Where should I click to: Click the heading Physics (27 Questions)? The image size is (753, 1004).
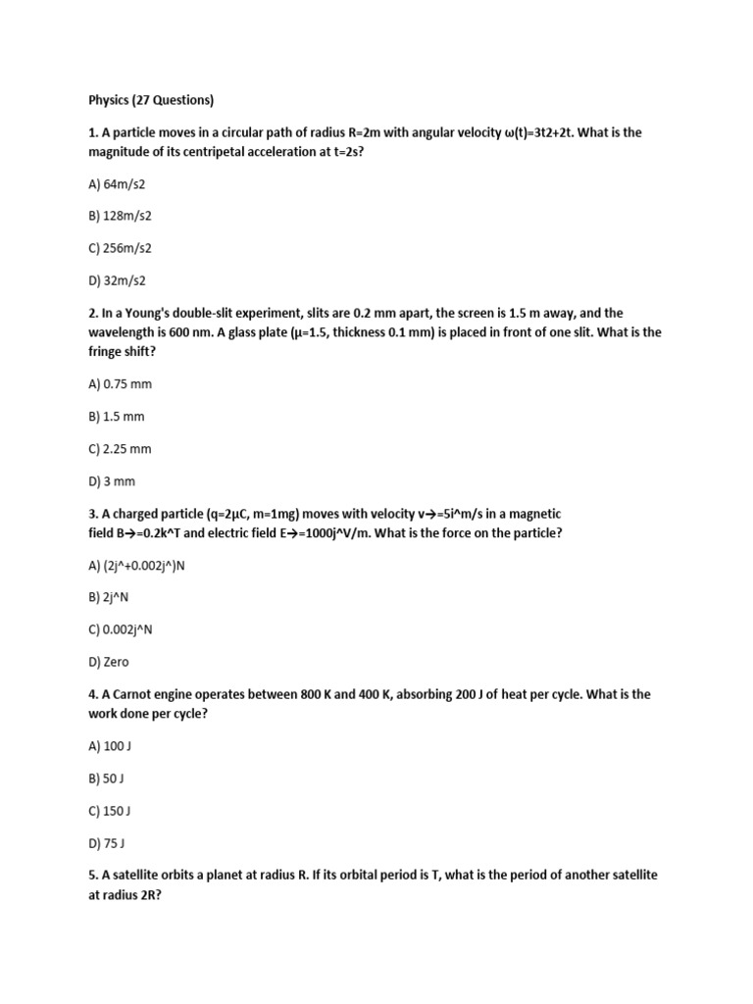click(x=151, y=100)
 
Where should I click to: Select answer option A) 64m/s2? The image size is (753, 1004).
click(x=117, y=183)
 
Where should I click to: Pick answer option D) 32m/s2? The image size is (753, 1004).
click(x=117, y=280)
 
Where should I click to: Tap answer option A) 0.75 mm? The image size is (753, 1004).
click(x=120, y=383)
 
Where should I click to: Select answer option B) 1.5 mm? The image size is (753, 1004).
click(x=116, y=416)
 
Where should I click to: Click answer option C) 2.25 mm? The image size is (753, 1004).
click(x=120, y=448)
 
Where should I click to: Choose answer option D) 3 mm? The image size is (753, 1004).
click(x=112, y=480)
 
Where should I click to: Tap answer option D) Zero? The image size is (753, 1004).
click(x=108, y=662)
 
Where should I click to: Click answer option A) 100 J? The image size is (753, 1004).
click(x=110, y=746)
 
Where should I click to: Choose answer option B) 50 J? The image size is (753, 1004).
click(x=106, y=778)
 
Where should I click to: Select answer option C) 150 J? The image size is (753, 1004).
click(x=110, y=811)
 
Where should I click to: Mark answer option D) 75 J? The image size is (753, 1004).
click(x=107, y=843)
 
